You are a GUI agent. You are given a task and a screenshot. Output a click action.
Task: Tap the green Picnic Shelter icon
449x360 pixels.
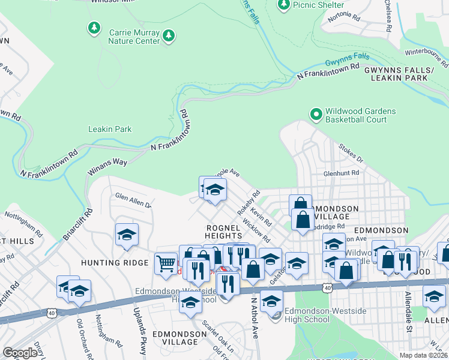[x=284, y=5]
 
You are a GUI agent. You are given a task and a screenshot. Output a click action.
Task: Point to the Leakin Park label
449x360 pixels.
[x=110, y=129]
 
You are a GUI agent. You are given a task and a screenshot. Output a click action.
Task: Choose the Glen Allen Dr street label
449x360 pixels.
[x=133, y=200]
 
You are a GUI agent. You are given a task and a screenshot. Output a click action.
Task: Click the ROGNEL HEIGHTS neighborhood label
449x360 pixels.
[x=223, y=232]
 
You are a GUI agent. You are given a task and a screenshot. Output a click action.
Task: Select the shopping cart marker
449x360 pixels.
[x=166, y=263]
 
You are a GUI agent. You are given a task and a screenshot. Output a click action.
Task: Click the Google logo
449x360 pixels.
[x=20, y=352]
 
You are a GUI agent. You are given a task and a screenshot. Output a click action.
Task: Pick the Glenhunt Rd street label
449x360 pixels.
[x=341, y=173]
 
